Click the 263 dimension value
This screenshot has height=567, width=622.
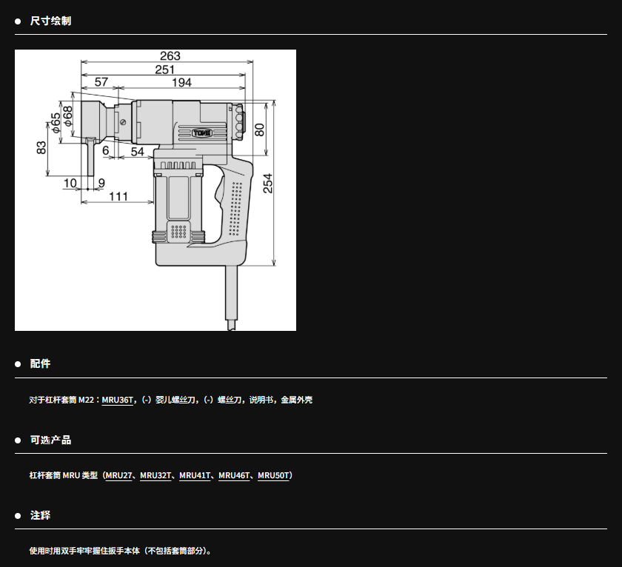click(x=170, y=56)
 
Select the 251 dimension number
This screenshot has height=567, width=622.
click(x=164, y=70)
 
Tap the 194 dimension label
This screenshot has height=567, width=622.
click(x=181, y=82)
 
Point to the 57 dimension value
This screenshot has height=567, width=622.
click(x=101, y=82)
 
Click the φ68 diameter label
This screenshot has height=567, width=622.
click(x=68, y=116)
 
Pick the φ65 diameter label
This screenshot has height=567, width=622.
click(x=56, y=123)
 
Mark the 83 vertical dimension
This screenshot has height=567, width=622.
click(x=41, y=148)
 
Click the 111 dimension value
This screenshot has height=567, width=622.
click(x=118, y=196)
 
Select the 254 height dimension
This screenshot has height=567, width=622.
click(x=268, y=183)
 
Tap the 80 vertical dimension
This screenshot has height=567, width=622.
click(x=259, y=130)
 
